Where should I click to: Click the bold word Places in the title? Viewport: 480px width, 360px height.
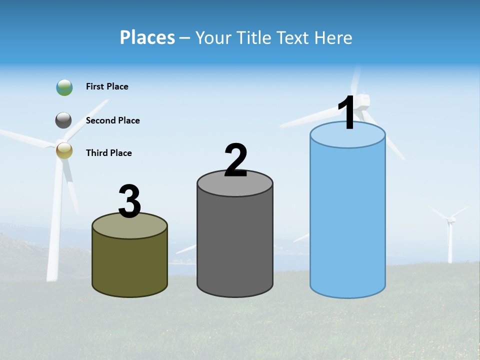pyautogui.click(x=147, y=37)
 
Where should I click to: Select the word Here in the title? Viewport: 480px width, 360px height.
pyautogui.click(x=335, y=37)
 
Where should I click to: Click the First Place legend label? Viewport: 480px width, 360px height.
pyautogui.click(x=107, y=86)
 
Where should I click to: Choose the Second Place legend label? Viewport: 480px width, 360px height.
pyautogui.click(x=112, y=120)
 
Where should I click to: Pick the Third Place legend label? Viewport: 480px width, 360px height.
pyautogui.click(x=108, y=153)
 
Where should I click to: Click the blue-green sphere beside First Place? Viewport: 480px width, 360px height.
pyautogui.click(x=64, y=87)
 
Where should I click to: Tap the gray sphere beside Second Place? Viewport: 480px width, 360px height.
pyautogui.click(x=63, y=120)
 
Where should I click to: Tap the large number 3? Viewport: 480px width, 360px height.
pyautogui.click(x=130, y=202)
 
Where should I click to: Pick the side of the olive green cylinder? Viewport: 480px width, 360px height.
pyautogui.click(x=130, y=262)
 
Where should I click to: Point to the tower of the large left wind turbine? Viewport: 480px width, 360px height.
pyautogui.click(x=55, y=225)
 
